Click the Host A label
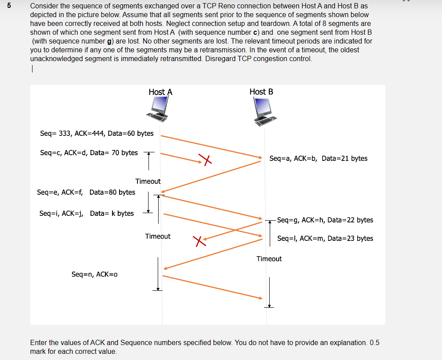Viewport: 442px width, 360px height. point(160,92)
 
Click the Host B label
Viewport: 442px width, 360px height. point(261,91)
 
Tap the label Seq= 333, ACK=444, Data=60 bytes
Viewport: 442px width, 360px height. point(97,133)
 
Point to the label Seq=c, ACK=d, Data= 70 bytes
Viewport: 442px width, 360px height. point(89,153)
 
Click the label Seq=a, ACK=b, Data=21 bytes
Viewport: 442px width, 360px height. point(318,158)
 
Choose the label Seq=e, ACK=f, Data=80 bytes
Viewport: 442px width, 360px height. point(86,192)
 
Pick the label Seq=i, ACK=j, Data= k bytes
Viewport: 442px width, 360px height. point(87,213)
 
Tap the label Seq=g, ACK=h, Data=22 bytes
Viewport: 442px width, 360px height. point(325,220)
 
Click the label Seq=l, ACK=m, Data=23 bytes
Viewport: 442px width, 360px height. point(325,238)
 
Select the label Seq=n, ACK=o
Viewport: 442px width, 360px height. point(94,274)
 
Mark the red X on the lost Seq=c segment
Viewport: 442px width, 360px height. point(205,160)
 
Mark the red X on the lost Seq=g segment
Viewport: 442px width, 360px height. point(199,240)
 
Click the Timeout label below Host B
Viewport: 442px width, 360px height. point(269,258)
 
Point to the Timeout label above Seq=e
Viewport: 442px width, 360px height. point(148,181)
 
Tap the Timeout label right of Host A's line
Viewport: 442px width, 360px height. point(158,236)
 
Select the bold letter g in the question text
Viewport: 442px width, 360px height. point(104,41)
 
